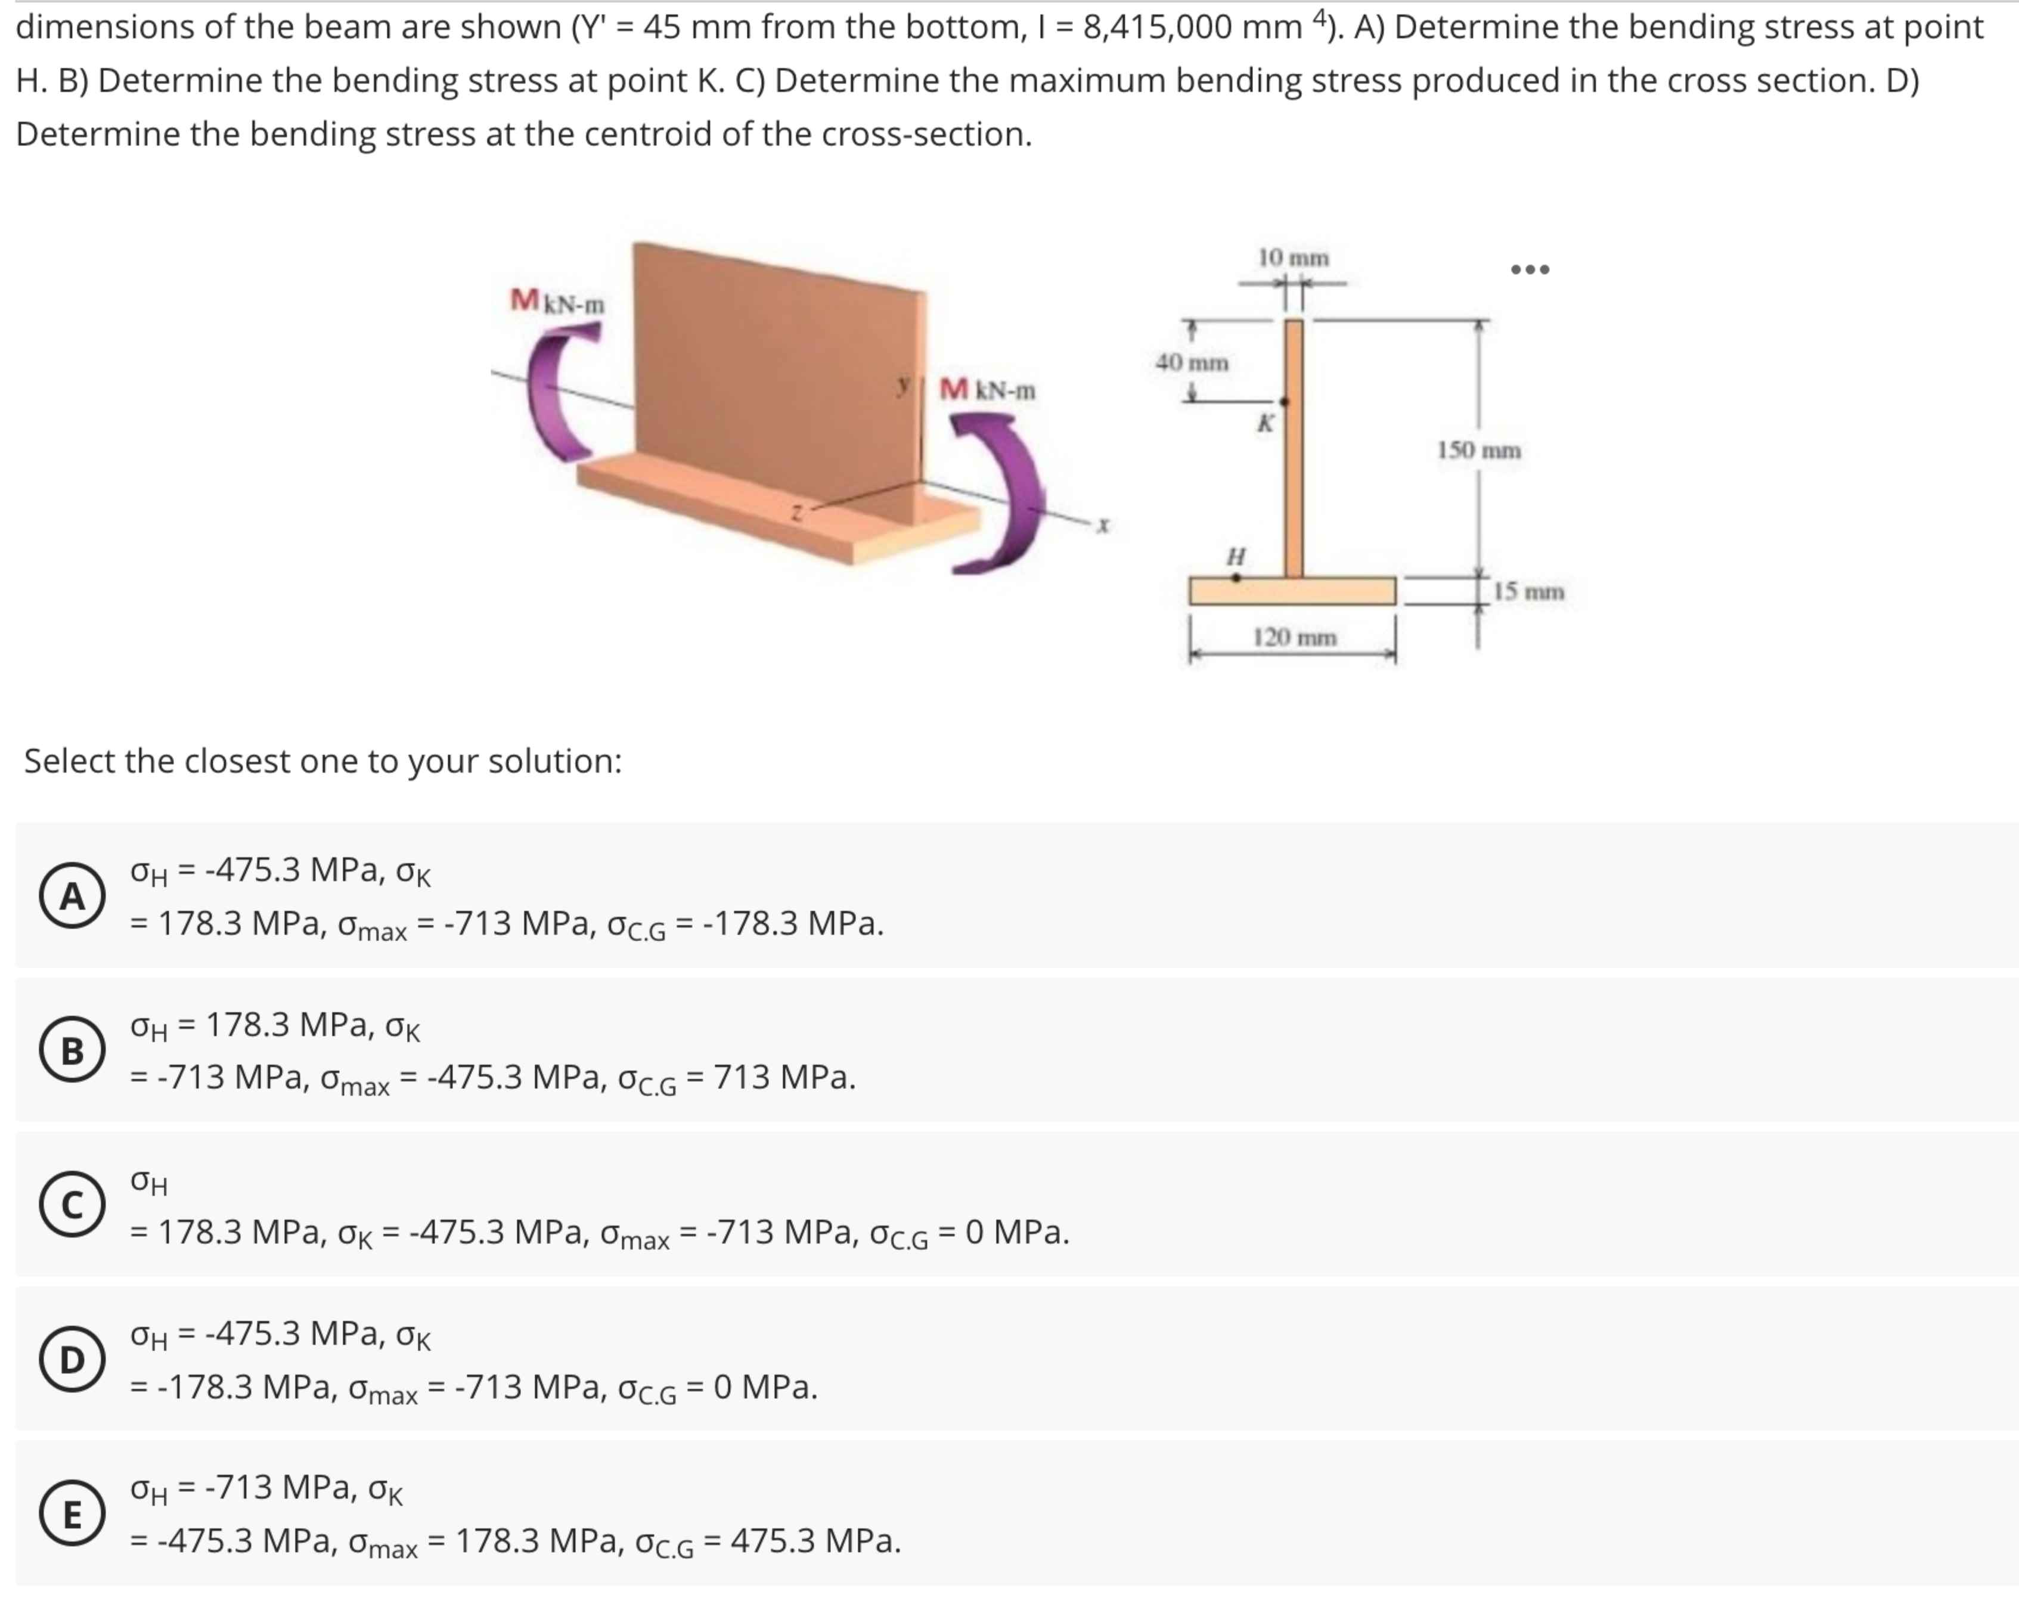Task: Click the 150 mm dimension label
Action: tap(1479, 451)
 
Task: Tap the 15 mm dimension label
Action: tap(1528, 592)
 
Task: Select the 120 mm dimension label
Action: tap(1294, 638)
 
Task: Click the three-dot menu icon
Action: tap(1530, 269)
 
